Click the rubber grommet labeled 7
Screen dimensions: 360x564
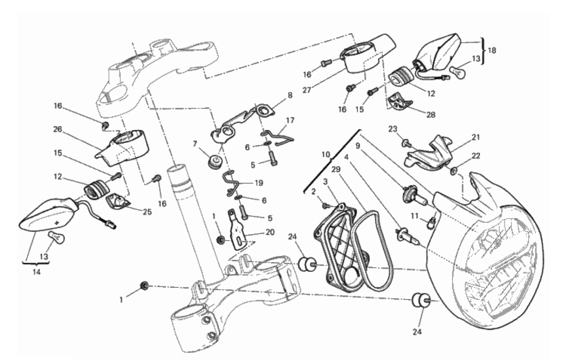214,162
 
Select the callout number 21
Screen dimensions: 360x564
475,137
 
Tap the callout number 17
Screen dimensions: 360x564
290,120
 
